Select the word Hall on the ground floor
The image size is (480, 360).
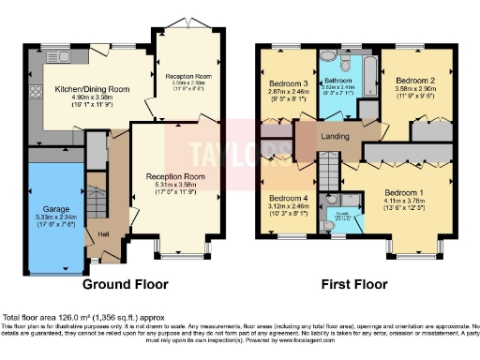pos(103,234)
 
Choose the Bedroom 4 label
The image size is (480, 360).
pos(287,199)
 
